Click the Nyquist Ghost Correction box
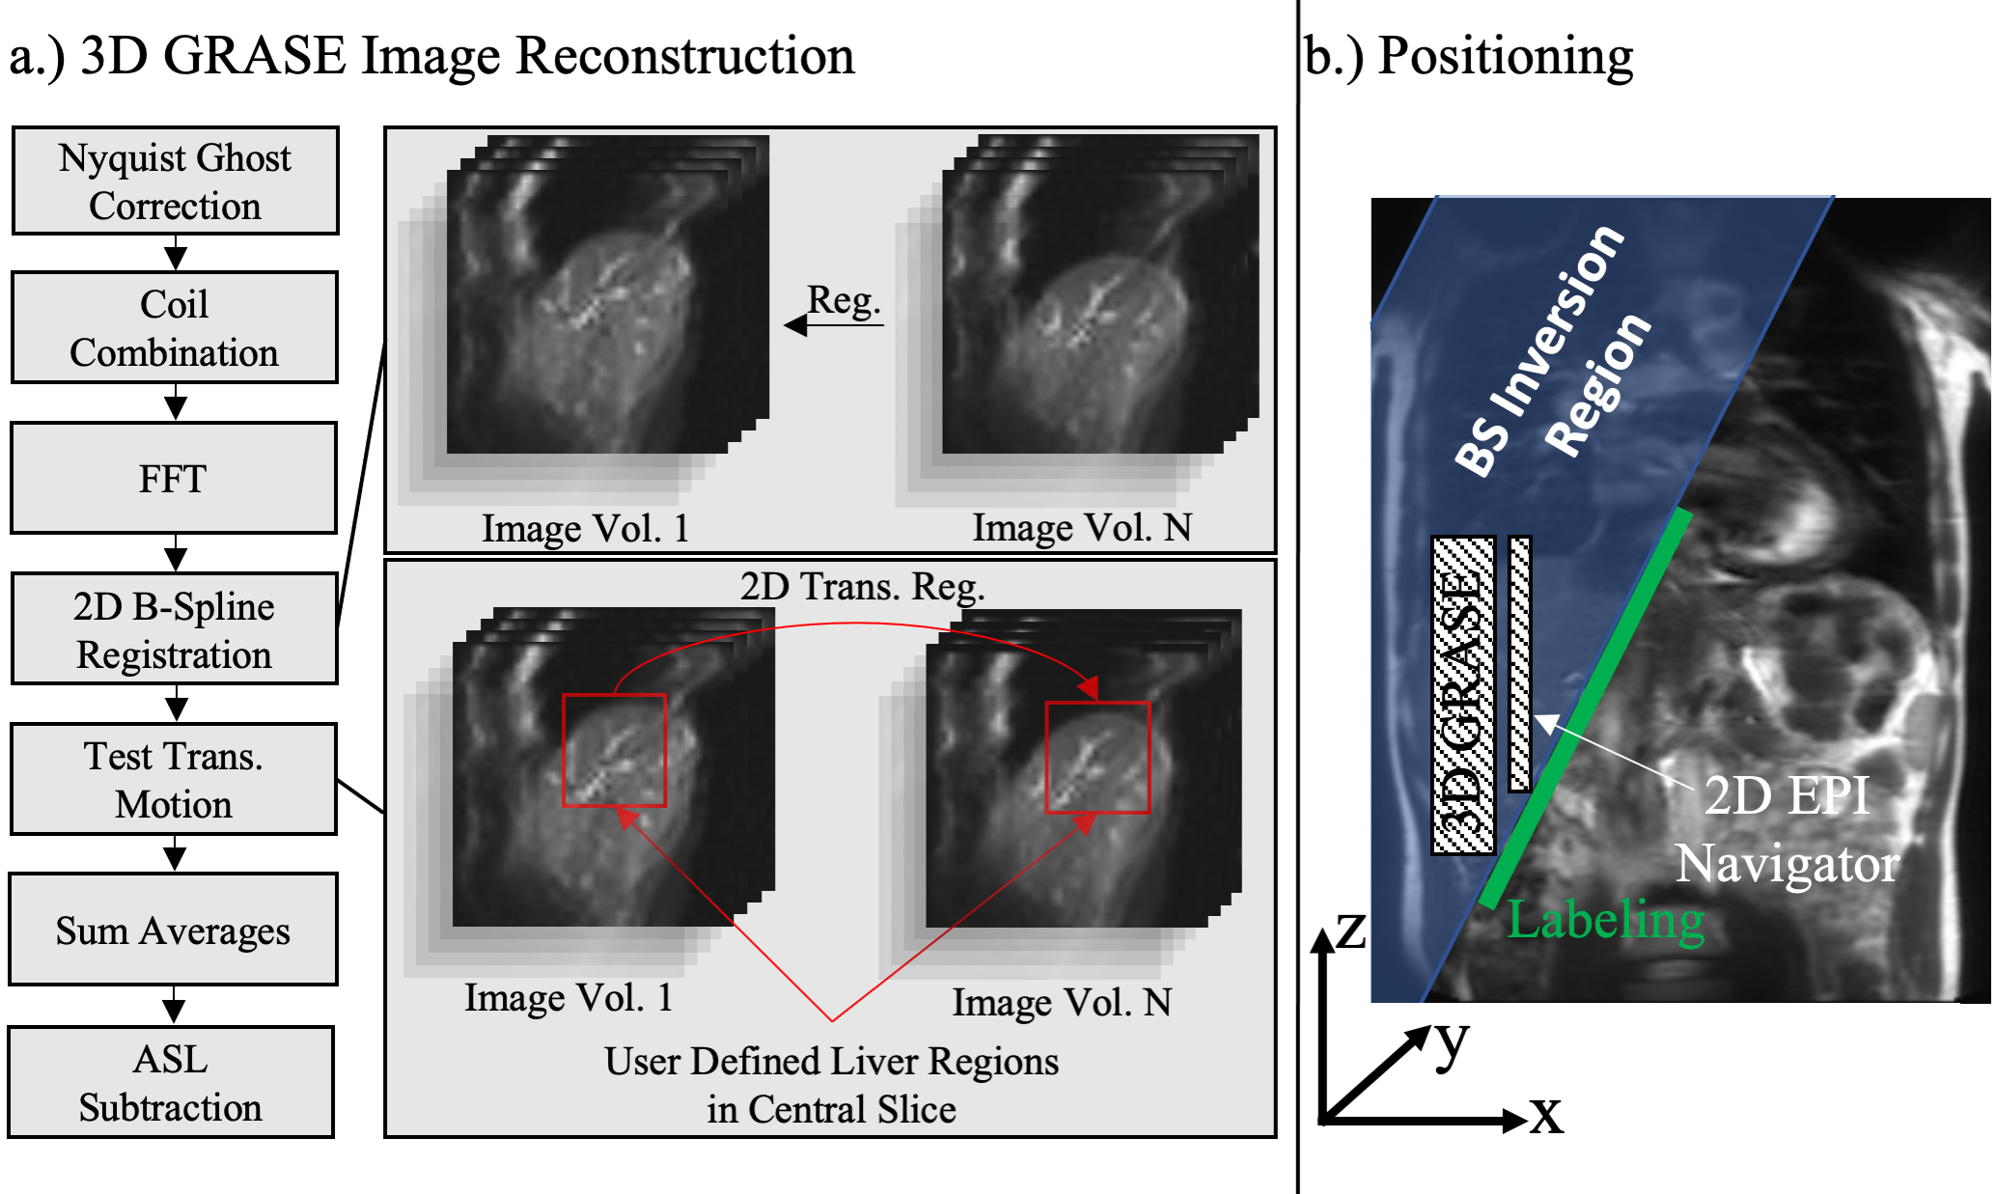point(175,180)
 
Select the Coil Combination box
point(174,327)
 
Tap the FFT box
point(174,478)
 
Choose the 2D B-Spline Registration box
point(174,629)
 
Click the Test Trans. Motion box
point(174,779)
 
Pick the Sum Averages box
point(174,930)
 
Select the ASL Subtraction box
point(171,1082)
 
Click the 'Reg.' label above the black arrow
point(844,300)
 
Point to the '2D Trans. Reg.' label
point(862,586)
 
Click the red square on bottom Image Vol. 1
point(614,750)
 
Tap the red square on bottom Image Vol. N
point(1098,758)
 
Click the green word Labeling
point(1605,920)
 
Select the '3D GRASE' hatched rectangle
point(1463,695)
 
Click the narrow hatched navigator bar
point(1519,664)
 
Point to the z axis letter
point(1351,930)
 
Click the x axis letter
point(1545,1116)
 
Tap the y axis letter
point(1451,1042)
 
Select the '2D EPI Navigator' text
point(1787,829)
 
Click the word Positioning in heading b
point(1505,56)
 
